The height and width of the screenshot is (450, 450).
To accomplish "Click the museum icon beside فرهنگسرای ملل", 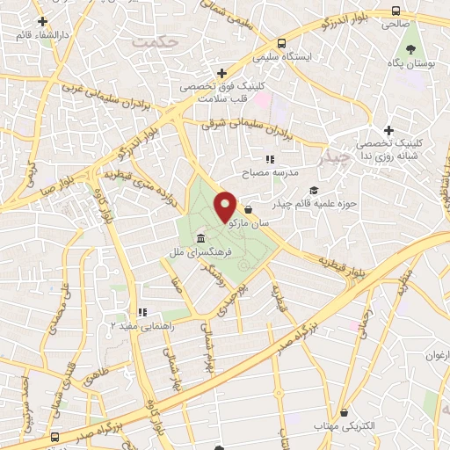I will (x=202, y=239).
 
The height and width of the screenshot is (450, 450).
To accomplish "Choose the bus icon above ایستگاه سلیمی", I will (x=281, y=43).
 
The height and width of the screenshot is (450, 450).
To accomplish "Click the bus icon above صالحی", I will (x=396, y=11).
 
